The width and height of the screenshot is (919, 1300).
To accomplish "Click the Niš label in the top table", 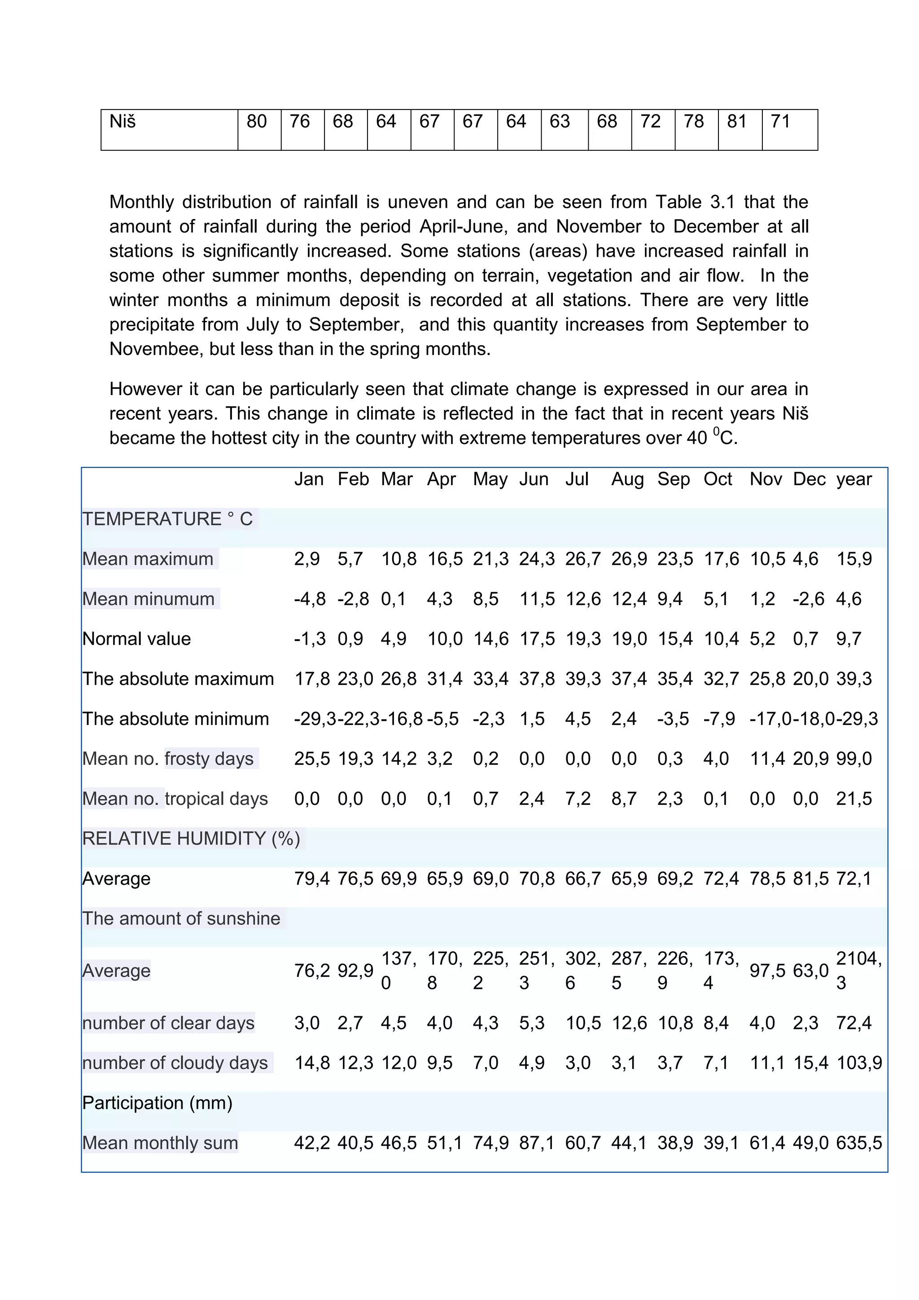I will tap(123, 122).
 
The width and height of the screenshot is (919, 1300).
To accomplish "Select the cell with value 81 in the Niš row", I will tap(737, 122).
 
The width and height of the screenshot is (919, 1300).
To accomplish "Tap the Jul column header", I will tap(577, 479).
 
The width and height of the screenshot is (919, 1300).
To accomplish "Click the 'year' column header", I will tap(854, 479).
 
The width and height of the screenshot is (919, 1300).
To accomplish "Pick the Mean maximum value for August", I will tap(629, 559).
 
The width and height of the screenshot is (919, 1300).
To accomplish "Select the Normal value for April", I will tap(444, 639).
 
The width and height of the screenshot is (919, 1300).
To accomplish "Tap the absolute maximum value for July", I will tap(583, 679).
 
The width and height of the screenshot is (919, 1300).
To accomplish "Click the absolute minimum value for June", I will tap(531, 719).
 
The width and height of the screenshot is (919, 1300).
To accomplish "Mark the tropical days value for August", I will tap(624, 799).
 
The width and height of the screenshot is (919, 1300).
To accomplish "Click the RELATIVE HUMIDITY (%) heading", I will tap(191, 839).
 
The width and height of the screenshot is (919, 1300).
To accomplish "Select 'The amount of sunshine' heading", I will tap(181, 918).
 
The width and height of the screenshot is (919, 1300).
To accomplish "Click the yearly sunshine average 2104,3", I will tap(858, 971).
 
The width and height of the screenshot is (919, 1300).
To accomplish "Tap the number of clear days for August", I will tap(629, 1023).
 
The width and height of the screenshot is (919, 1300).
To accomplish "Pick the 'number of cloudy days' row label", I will tap(175, 1063).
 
